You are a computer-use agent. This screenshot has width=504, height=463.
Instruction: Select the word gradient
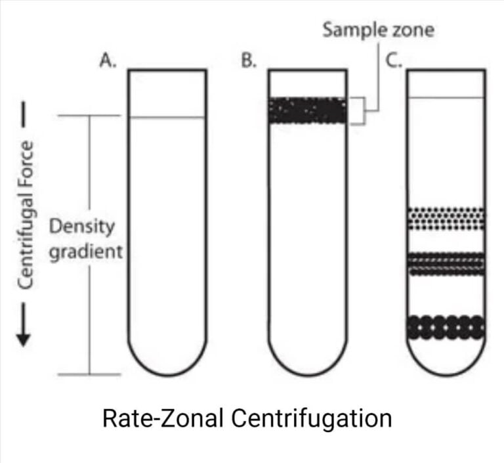(85, 251)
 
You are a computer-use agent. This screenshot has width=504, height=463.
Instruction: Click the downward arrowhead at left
(24, 337)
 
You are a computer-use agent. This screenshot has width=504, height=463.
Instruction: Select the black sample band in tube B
(307, 110)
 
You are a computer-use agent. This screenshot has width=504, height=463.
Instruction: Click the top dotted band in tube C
(446, 219)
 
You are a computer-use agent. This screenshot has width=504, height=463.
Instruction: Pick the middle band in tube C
(446, 263)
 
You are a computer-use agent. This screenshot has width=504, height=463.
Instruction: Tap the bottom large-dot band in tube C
(446, 326)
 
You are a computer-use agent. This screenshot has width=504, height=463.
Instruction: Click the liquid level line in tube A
(167, 118)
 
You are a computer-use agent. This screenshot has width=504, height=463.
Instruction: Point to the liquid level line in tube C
(446, 98)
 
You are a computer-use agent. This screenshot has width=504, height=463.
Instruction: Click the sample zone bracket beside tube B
(359, 110)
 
